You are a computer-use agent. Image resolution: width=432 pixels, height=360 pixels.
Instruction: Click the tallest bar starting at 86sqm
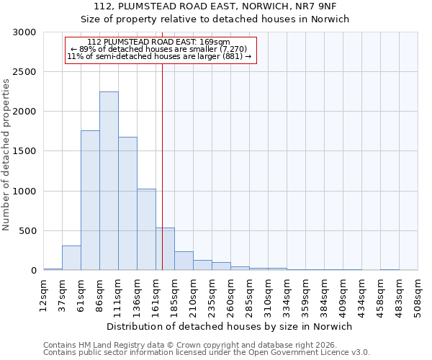click(109, 181)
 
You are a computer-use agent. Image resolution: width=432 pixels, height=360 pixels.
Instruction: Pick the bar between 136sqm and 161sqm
click(146, 230)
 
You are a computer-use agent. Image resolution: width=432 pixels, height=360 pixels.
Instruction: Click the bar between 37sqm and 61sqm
click(71, 258)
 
